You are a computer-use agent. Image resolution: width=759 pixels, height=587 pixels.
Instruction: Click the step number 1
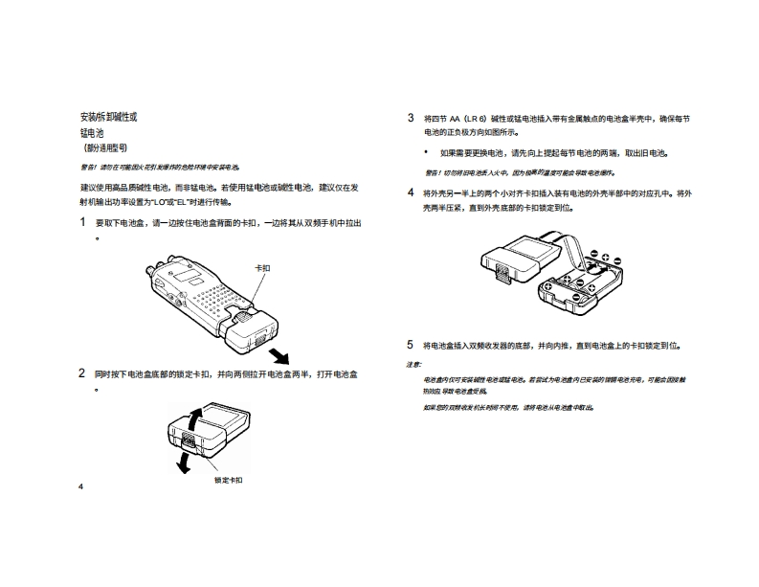coord(83,222)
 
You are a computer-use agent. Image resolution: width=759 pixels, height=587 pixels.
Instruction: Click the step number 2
coord(83,373)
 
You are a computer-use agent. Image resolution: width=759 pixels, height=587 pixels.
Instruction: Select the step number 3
coord(411,118)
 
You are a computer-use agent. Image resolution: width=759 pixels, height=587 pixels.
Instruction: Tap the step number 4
coord(411,192)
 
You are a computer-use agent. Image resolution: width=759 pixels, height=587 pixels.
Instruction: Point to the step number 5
coord(411,344)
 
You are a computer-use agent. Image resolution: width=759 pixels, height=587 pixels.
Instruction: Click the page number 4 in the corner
coord(80,486)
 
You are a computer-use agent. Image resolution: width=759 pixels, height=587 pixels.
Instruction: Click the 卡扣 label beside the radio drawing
coord(261,268)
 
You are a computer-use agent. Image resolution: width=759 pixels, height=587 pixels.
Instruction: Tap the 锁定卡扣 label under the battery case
coord(229,478)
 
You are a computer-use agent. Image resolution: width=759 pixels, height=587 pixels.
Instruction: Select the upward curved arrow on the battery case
coord(194,418)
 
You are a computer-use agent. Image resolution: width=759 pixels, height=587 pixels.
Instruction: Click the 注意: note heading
coord(413,364)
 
